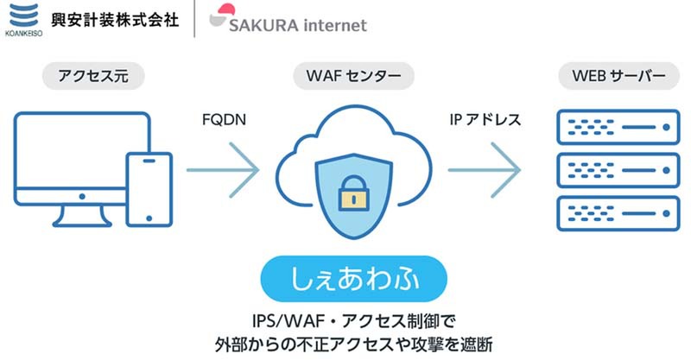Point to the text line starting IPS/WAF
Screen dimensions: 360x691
pyautogui.click(x=353, y=319)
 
